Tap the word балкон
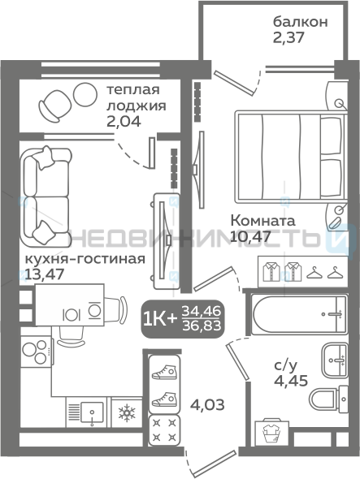tap(300, 22)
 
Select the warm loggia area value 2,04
tap(124, 122)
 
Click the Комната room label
tap(262, 221)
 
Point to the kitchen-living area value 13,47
tap(45, 274)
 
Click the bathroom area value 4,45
tap(291, 381)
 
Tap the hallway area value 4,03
tap(207, 405)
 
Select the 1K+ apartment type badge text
tap(160, 320)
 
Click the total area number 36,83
tap(202, 326)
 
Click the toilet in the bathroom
tap(328, 399)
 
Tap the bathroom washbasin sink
tap(334, 360)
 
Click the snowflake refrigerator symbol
tap(127, 412)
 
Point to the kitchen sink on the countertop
tap(92, 412)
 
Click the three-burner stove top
tap(36, 352)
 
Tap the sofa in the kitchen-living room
tap(45, 197)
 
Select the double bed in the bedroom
tap(291, 157)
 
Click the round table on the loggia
tap(85, 94)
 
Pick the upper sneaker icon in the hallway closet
tap(165, 372)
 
